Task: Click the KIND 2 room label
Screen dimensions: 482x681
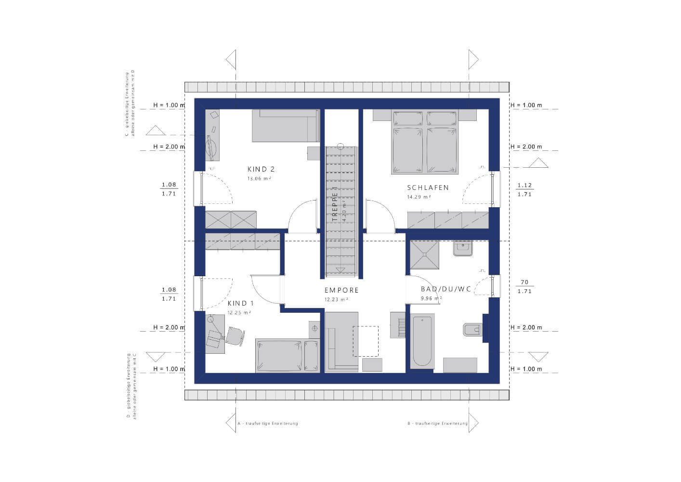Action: (x=261, y=169)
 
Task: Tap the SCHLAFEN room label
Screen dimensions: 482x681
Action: (x=428, y=187)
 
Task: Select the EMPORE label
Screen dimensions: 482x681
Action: (x=341, y=290)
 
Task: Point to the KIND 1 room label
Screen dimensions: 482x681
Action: (x=240, y=303)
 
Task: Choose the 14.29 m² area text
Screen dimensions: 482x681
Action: (x=419, y=197)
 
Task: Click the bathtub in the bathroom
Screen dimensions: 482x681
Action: (x=422, y=341)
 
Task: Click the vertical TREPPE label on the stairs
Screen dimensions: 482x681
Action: (x=334, y=204)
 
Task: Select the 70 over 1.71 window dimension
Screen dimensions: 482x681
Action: (x=524, y=286)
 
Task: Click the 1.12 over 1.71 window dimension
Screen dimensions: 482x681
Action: (x=524, y=189)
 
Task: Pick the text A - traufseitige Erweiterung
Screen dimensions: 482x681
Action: (x=268, y=424)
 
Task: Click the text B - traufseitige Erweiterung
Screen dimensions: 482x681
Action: (x=437, y=424)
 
